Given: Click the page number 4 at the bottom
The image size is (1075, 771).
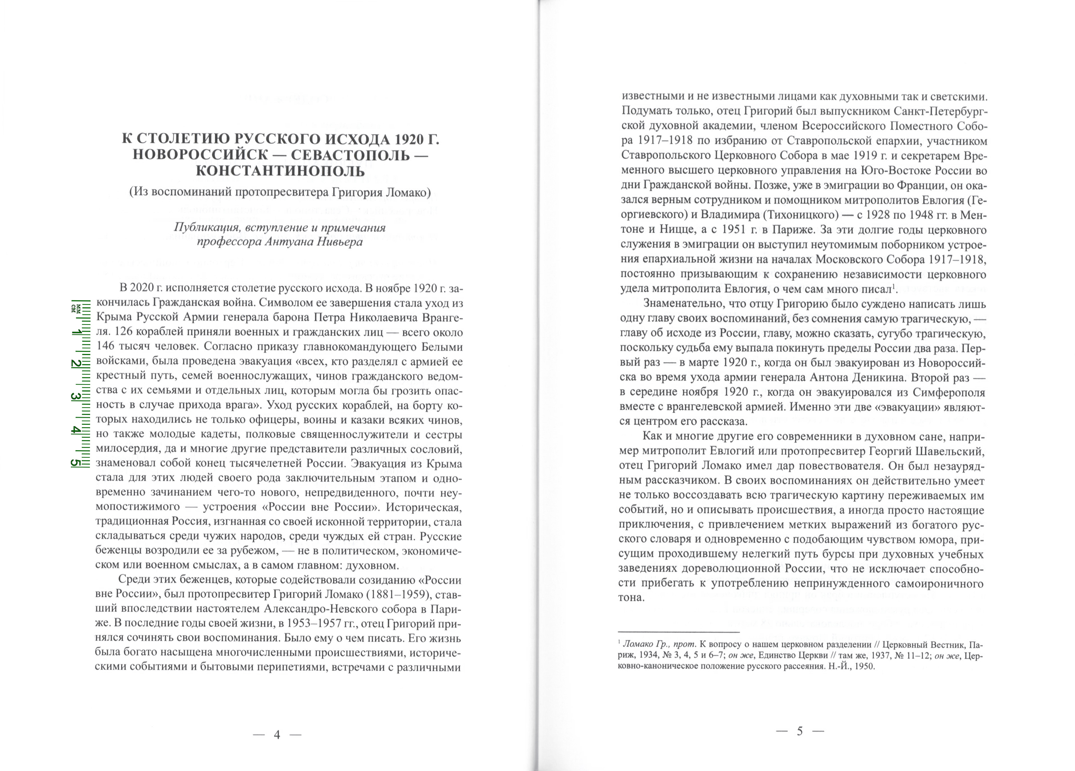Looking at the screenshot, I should [x=277, y=735].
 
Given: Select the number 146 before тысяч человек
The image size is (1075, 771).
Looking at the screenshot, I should [x=106, y=347].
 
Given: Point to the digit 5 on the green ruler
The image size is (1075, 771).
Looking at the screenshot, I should [x=75, y=463].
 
